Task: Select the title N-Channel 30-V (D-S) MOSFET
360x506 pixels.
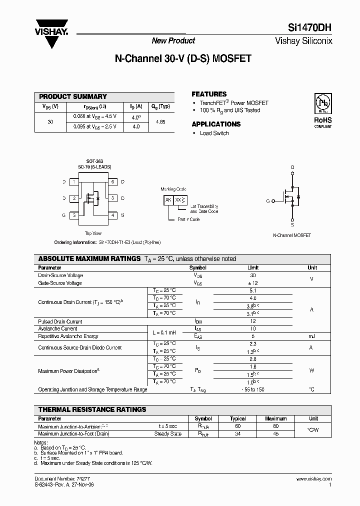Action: pos(183,58)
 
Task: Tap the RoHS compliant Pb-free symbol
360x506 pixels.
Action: pos(322,103)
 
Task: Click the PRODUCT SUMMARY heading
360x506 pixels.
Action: pos(73,96)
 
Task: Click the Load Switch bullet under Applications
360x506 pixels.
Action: pos(214,133)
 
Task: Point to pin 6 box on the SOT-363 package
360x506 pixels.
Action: pos(113,182)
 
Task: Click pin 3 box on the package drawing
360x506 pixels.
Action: pos(74,215)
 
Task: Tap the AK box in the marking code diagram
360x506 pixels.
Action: pos(168,200)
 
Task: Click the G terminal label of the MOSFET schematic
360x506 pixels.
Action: pos(267,200)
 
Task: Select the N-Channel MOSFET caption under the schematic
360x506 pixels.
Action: pos(292,235)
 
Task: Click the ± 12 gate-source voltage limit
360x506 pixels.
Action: pos(253,283)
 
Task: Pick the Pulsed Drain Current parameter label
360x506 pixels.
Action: pos(60,321)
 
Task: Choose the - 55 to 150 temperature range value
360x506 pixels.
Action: pos(253,389)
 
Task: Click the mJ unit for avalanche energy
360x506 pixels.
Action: pos(312,336)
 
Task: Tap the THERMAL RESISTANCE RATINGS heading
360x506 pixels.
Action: pos(92,409)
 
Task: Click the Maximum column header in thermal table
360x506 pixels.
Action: pos(275,418)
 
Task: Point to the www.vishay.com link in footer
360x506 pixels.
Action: pos(317,479)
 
